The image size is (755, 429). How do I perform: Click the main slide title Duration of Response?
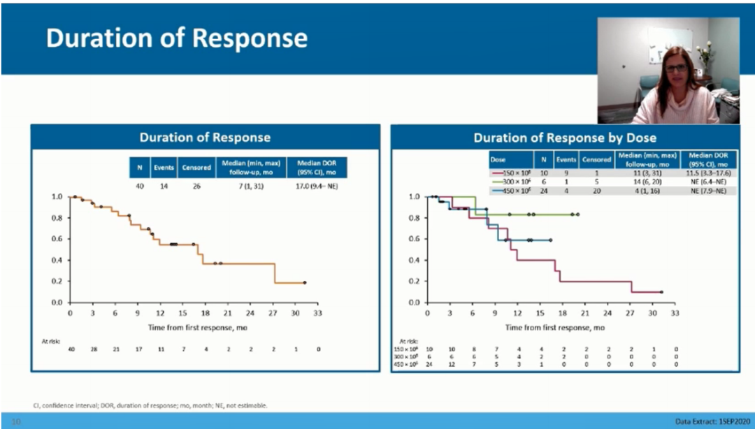click(176, 38)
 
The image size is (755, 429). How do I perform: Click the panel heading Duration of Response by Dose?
click(564, 138)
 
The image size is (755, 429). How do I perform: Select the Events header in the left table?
click(164, 168)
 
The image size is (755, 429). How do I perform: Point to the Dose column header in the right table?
click(497, 159)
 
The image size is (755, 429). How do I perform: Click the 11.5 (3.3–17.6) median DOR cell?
click(712, 172)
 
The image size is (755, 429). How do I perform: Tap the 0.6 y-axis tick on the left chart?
click(57, 239)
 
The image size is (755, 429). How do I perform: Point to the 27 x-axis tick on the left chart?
click(273, 314)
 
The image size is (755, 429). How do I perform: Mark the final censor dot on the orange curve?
click(305, 282)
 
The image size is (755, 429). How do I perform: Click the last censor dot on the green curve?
click(577, 214)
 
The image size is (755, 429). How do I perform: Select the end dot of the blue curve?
click(551, 240)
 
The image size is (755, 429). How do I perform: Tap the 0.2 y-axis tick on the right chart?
click(415, 282)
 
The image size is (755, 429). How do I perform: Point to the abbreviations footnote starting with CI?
click(150, 405)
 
